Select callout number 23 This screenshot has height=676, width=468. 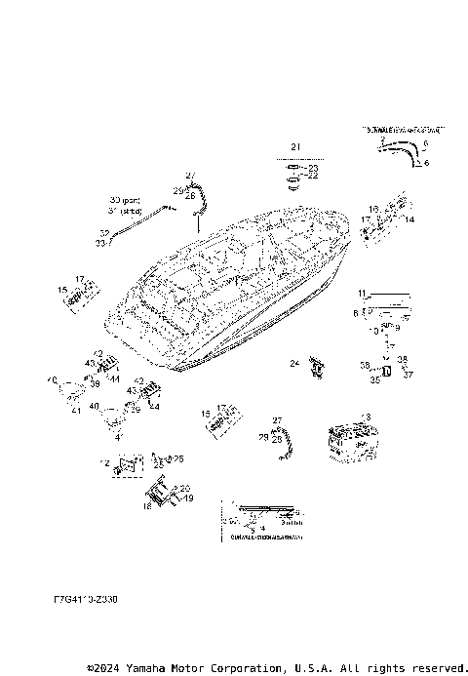click(x=313, y=168)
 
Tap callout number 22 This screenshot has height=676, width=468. click(x=313, y=177)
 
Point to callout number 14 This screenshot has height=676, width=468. click(x=409, y=220)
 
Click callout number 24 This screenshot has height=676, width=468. click(x=293, y=364)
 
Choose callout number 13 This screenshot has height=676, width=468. click(x=366, y=418)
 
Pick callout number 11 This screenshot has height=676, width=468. click(x=361, y=293)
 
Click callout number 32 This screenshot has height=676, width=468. click(x=102, y=233)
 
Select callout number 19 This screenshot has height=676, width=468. click(x=188, y=497)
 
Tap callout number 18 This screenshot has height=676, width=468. click(x=147, y=507)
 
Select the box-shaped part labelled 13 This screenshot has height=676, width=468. click(x=351, y=442)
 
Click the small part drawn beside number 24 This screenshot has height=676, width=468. click(x=317, y=366)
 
